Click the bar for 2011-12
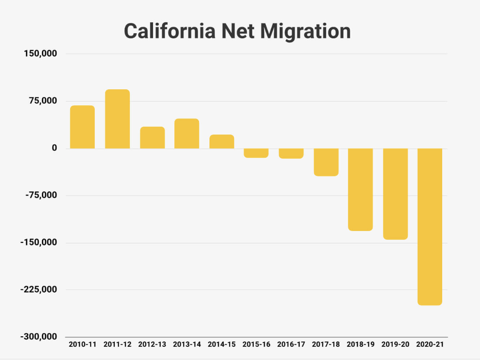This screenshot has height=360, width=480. [x=117, y=119]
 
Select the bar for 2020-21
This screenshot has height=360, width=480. [x=430, y=226]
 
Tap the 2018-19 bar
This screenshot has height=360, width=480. [x=360, y=189]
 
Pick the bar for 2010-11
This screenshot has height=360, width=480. [x=82, y=127]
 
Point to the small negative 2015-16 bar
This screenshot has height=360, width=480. [x=256, y=153]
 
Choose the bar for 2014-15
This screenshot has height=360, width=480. [x=222, y=142]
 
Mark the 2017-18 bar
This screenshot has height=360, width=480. [x=326, y=162]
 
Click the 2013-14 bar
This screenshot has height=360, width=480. [x=187, y=134]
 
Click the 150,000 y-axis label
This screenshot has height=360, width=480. [x=41, y=54]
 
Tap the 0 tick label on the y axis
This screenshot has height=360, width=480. [x=55, y=148]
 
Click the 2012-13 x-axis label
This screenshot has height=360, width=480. [x=152, y=345]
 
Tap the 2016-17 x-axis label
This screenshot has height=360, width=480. [x=291, y=345]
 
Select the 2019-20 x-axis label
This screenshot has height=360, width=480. [x=395, y=345]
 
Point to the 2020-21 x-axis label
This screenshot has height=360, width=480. [x=430, y=345]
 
